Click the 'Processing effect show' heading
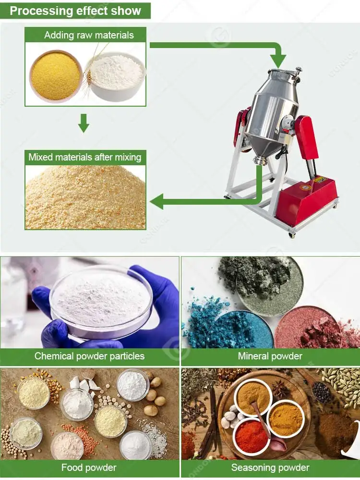click(x=75, y=11)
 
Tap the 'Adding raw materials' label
click(x=89, y=35)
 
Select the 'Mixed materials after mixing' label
click(x=85, y=157)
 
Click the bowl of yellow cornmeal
click(x=56, y=76)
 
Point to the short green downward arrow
click(x=84, y=123)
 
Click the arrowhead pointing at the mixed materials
click(x=158, y=201)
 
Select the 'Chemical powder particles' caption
click(x=89, y=356)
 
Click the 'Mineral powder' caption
click(x=270, y=356)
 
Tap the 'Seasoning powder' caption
click(x=270, y=467)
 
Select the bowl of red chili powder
click(x=251, y=435)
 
